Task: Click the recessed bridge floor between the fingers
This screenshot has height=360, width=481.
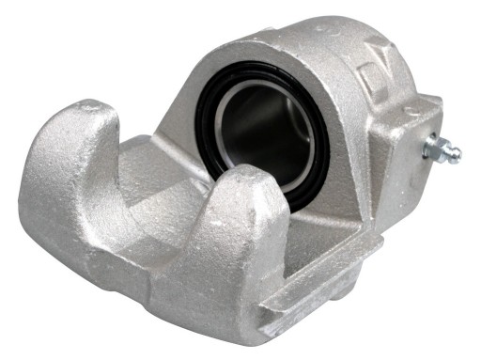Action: click(150, 202)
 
